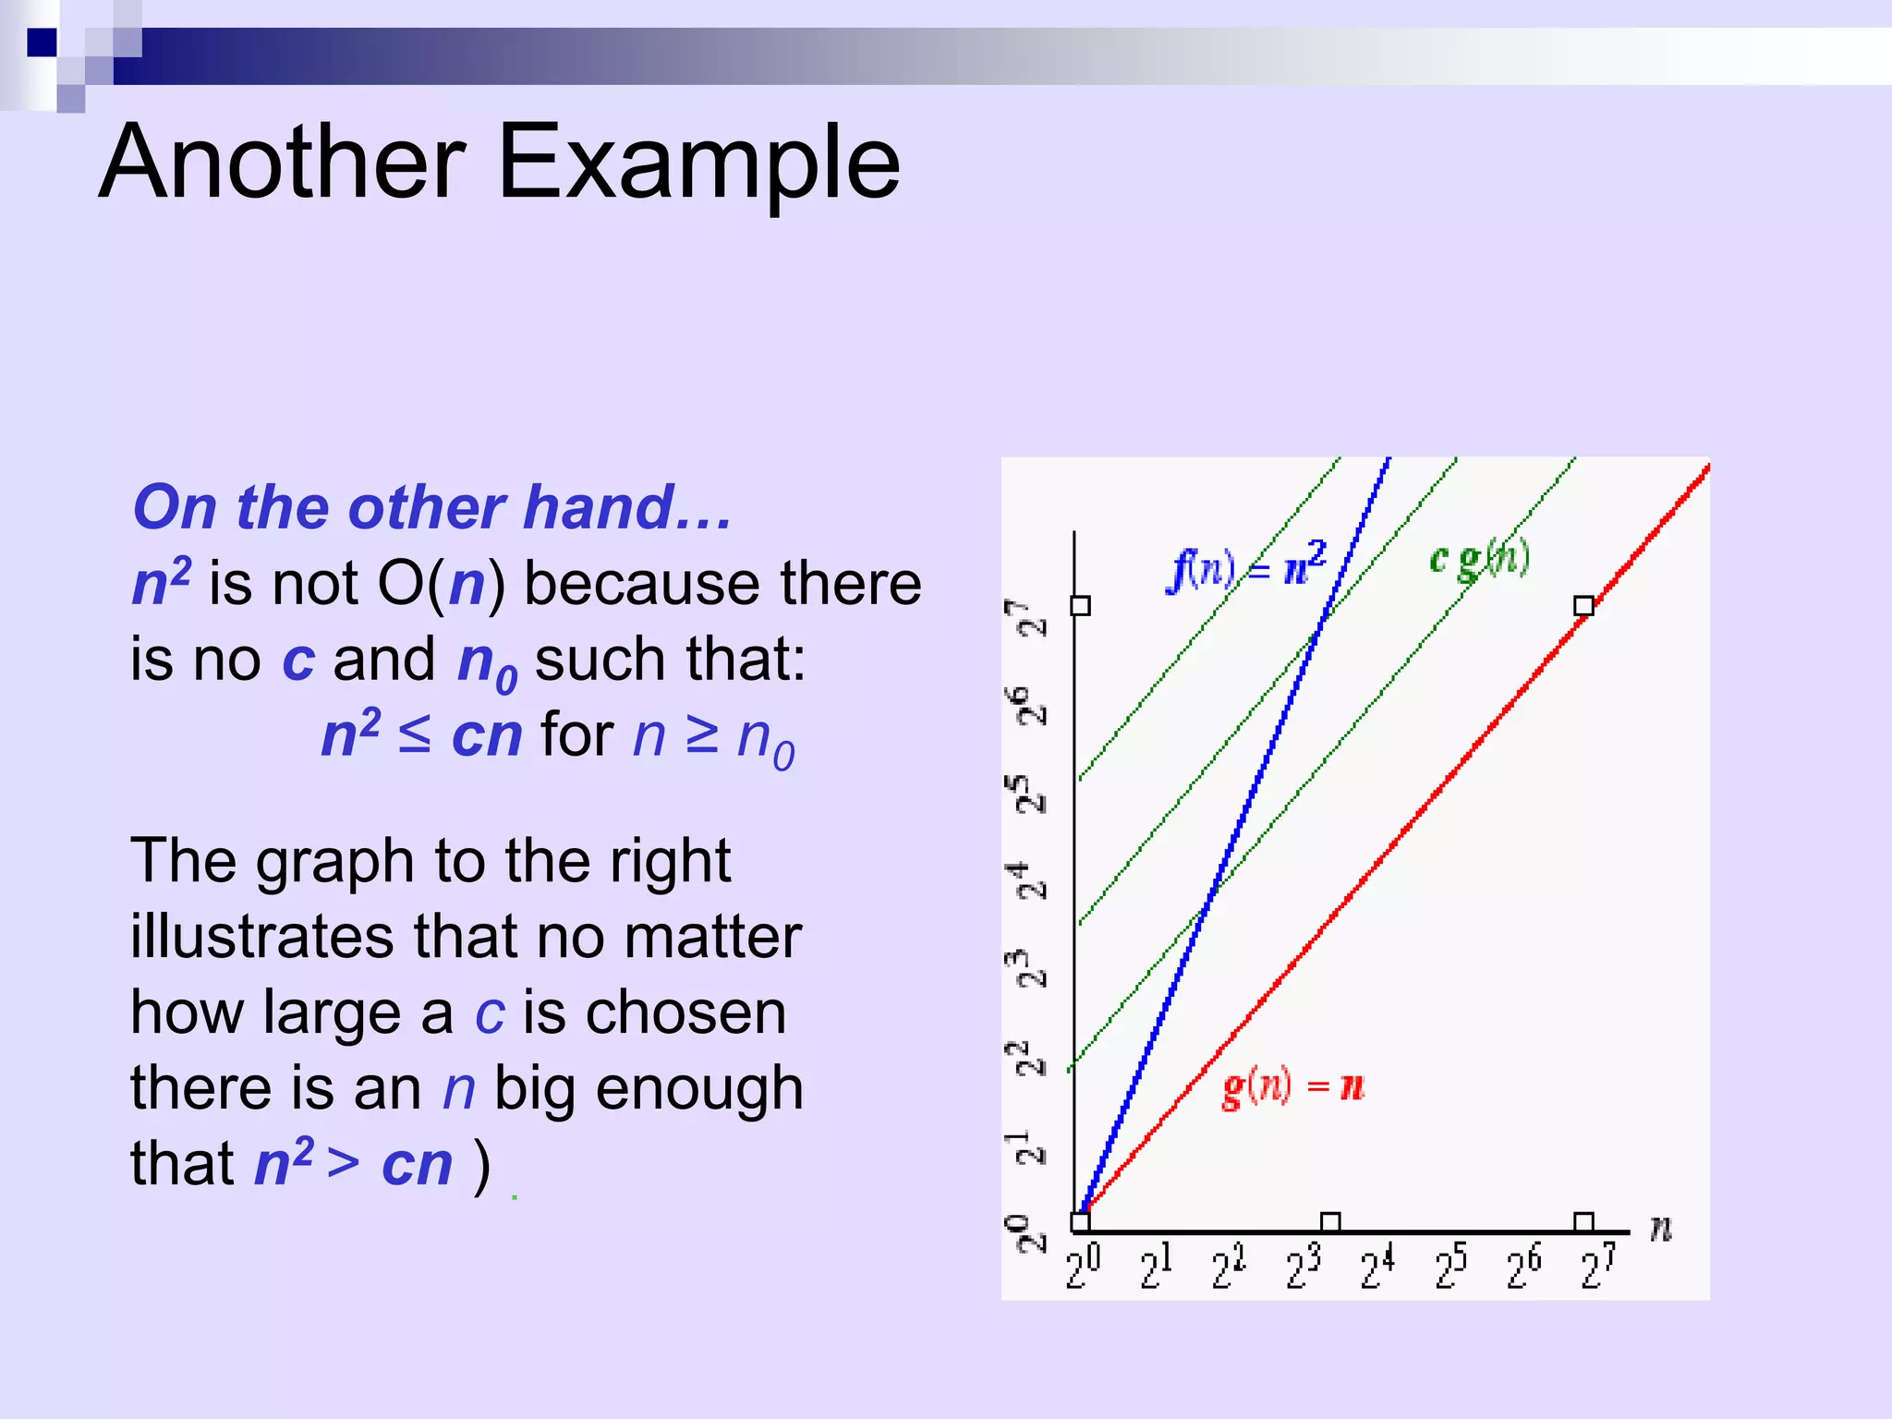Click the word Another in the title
282,163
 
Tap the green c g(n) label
1479,559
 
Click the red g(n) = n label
1292,1086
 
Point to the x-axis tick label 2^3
1304,1267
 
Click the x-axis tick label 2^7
1598,1267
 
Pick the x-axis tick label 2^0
1083,1267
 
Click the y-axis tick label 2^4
1027,879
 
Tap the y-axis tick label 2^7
1027,617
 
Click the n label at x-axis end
1660,1229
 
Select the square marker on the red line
1583,606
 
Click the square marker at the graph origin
1080,1222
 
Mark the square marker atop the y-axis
1080,606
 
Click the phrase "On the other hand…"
432,508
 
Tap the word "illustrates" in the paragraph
262,937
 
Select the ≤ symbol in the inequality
415,735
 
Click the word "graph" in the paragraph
334,861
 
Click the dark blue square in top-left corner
42,42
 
